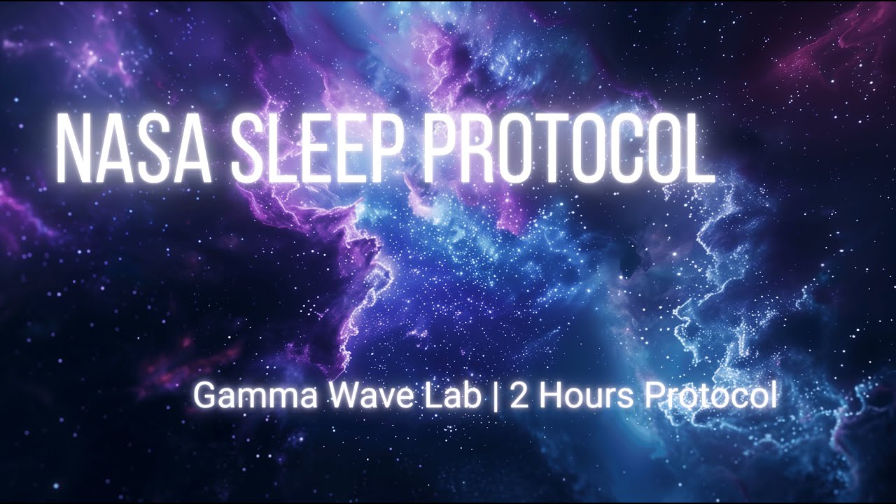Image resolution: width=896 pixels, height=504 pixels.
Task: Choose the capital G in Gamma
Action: [x=204, y=397]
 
